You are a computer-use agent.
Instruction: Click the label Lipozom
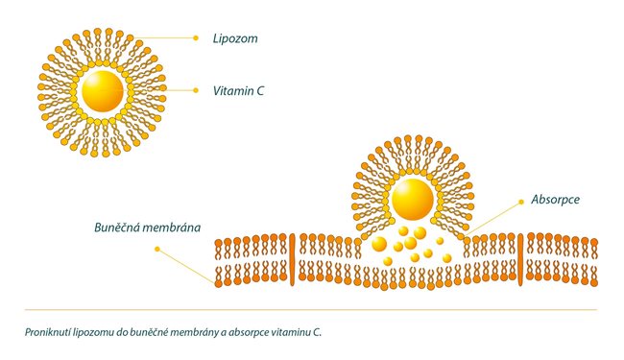(x=235, y=38)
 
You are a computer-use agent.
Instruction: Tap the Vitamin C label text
(x=238, y=91)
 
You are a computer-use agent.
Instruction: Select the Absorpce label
(x=555, y=200)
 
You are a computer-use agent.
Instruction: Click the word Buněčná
(x=116, y=228)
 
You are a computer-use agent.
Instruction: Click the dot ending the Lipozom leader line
(x=196, y=38)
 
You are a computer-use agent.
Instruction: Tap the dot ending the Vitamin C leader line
(x=196, y=90)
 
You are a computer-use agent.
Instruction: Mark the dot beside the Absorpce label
(x=521, y=203)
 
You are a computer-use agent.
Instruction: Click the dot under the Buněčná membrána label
(x=157, y=249)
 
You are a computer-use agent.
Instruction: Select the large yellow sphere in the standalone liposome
(x=103, y=91)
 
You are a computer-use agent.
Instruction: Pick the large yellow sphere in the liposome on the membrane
(x=413, y=200)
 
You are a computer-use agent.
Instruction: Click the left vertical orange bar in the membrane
(x=292, y=259)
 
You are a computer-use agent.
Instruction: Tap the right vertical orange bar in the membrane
(x=520, y=259)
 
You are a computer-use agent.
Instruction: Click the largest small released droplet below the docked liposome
(x=379, y=244)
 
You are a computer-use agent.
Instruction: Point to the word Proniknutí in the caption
(x=48, y=332)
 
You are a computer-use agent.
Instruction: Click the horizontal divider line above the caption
(x=311, y=309)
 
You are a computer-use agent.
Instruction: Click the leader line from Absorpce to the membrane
(x=492, y=218)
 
